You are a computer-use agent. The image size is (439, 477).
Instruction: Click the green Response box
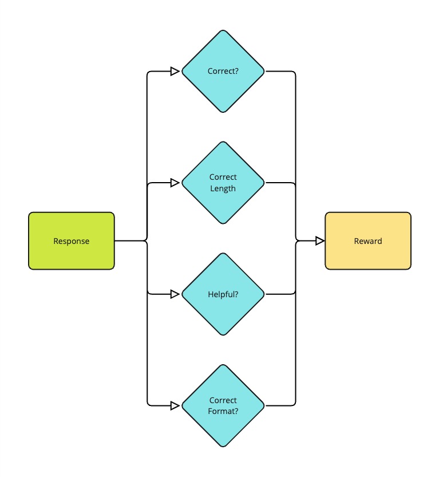(x=72, y=241)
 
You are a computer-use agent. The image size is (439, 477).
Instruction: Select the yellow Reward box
(x=368, y=241)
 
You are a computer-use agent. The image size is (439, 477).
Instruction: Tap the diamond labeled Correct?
(x=223, y=72)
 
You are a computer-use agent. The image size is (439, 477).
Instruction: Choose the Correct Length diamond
(x=223, y=183)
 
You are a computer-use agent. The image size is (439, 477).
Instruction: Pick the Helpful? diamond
(x=223, y=294)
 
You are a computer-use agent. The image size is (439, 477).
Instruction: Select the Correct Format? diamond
(x=223, y=405)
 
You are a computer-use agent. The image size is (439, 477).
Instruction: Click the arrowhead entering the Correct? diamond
(x=175, y=72)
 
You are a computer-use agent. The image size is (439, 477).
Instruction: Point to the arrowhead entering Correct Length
(x=175, y=183)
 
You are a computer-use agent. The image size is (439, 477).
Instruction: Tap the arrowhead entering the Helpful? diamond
(x=175, y=294)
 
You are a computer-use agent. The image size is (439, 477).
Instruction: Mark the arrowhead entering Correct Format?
(x=175, y=405)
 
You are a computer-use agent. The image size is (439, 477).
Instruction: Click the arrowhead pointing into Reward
(x=320, y=241)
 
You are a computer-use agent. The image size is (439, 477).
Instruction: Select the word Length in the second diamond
(x=223, y=188)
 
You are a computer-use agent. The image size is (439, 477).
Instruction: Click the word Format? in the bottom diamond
(x=223, y=411)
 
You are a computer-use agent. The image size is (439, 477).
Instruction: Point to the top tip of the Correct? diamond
(x=223, y=31)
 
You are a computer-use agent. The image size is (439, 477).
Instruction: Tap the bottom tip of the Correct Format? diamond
(x=223, y=446)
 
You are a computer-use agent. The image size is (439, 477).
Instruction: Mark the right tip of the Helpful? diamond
(x=264, y=294)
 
